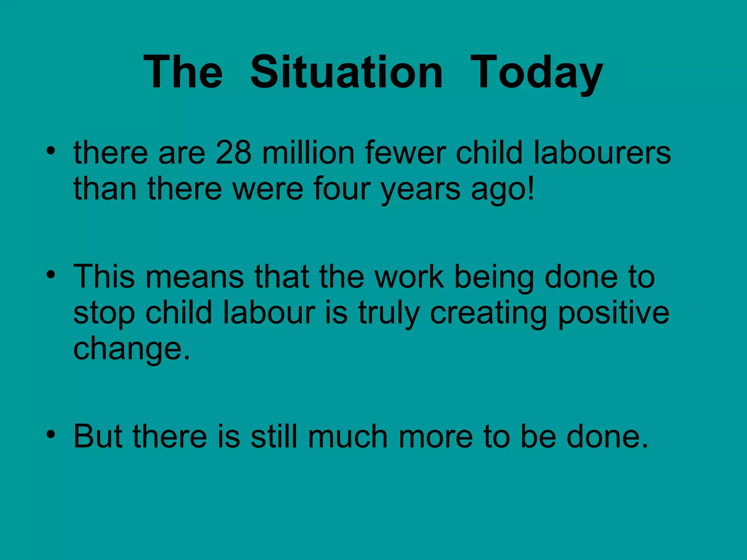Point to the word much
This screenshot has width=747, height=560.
348,436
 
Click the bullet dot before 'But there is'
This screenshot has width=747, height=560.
51,434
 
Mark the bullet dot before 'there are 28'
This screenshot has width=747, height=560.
51,150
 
